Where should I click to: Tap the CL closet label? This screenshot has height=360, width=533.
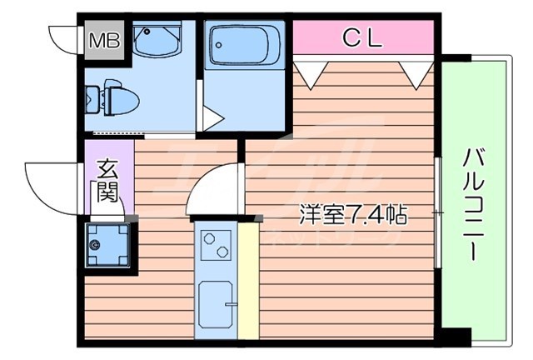361,37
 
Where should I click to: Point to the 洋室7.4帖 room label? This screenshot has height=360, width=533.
353,214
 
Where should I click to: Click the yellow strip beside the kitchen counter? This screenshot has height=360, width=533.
248,279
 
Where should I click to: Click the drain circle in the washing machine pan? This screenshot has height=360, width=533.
97,245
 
